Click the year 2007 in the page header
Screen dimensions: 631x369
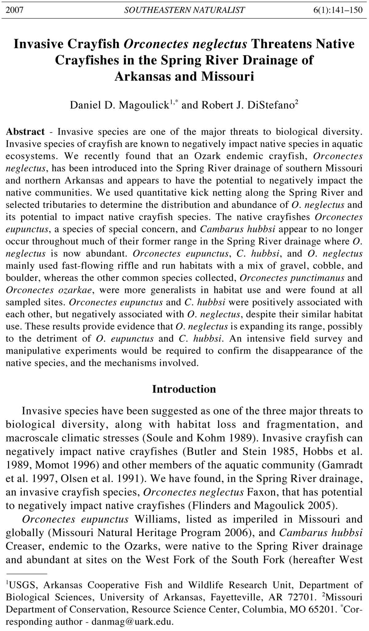(14, 10)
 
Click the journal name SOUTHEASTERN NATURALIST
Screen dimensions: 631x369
(184, 10)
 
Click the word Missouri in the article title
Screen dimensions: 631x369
(228, 76)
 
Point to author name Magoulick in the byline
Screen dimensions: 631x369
(144, 105)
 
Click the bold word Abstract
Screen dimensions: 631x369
(25, 132)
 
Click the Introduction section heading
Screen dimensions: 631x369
(184, 389)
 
